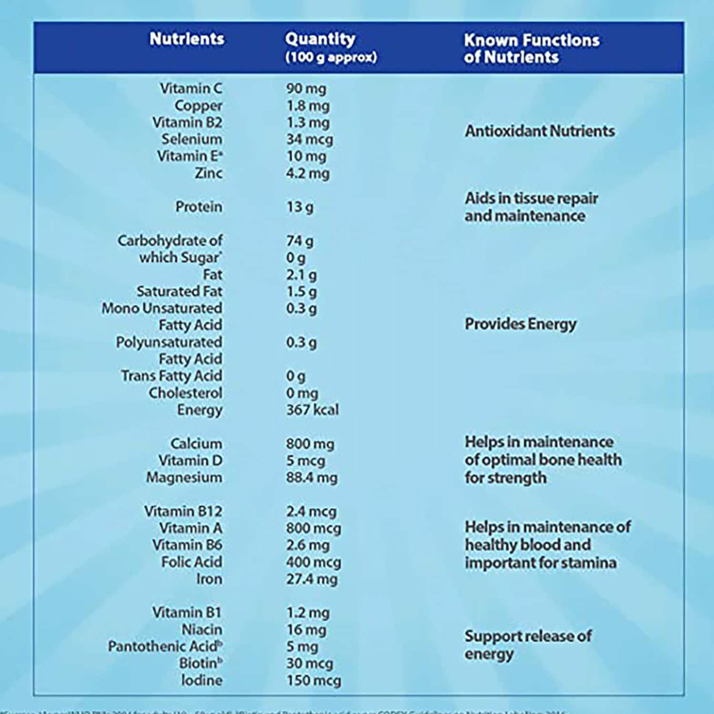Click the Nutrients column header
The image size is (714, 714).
point(187,39)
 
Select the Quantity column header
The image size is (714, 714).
point(320,39)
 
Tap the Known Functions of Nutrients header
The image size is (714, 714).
point(531,48)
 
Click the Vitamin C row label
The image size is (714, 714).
point(191,89)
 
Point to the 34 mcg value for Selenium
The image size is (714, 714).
point(310,140)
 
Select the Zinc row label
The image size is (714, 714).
point(208,173)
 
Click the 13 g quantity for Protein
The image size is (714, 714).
point(300,207)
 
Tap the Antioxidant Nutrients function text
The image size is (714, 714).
point(540,131)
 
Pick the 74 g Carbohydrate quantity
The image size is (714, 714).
point(300,241)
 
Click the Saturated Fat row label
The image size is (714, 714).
point(179,292)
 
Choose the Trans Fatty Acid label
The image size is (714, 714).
point(171,376)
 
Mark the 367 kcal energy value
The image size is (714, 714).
point(312,410)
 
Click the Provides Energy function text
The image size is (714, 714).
point(521,324)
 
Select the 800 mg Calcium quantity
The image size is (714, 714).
point(310,444)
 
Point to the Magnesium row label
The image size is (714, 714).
point(184,478)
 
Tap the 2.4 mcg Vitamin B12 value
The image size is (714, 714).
point(311,512)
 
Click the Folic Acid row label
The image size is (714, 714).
point(191,562)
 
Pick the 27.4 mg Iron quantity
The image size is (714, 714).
point(312,579)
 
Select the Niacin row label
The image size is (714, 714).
point(201,630)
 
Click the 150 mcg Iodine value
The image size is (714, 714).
point(313,681)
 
